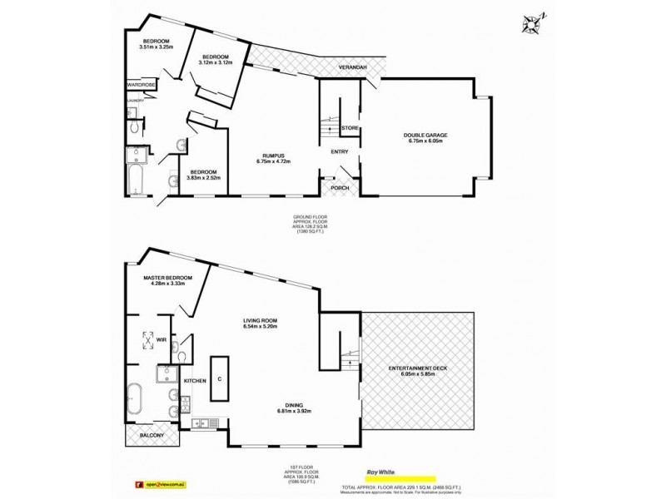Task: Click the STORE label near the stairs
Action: pos(350,128)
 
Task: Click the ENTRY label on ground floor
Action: pos(340,151)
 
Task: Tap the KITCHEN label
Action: pos(194,381)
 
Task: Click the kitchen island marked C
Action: pos(219,379)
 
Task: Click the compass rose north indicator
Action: pos(530,24)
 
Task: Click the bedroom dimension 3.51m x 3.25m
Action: pos(157,47)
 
